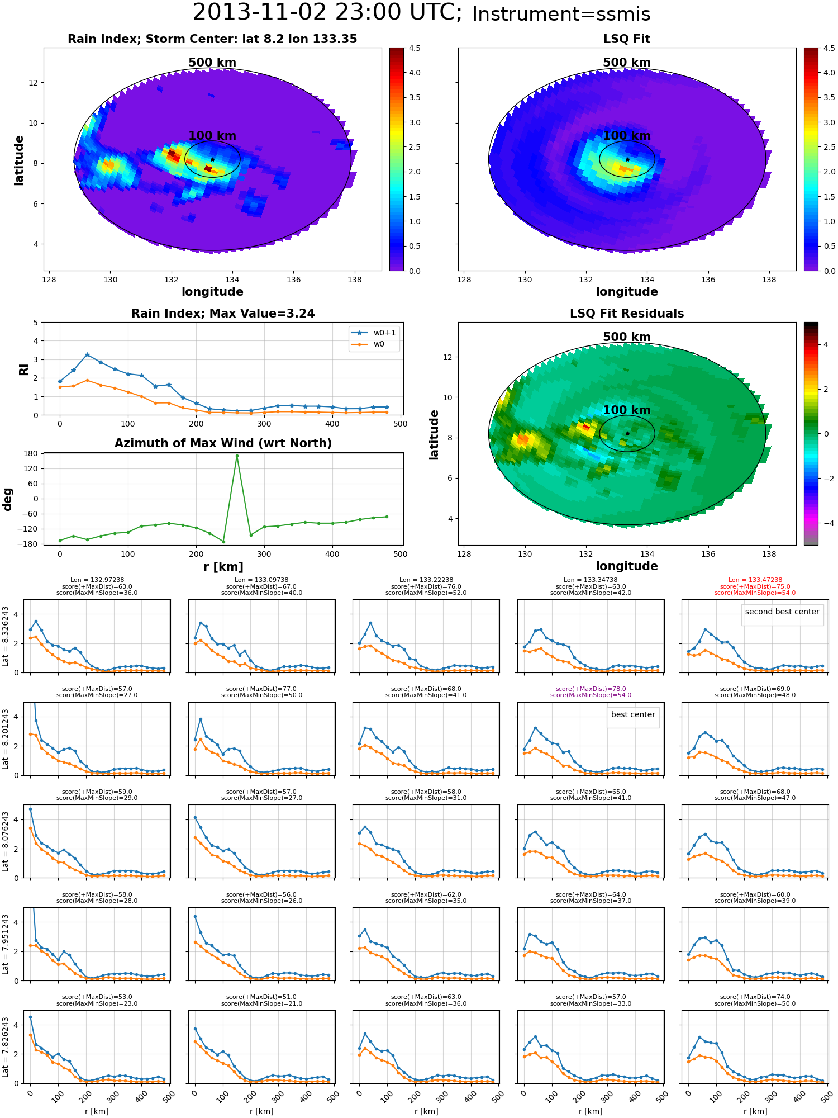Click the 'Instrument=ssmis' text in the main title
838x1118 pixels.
[561, 14]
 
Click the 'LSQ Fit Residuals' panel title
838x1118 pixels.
[627, 314]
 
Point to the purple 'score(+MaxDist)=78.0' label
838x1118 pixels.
[591, 689]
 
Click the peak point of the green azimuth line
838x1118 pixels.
[237, 456]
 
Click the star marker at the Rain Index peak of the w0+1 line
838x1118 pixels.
[87, 354]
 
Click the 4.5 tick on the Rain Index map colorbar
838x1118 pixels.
[414, 48]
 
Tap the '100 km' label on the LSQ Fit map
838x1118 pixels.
[627, 136]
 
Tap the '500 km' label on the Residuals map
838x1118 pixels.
[627, 337]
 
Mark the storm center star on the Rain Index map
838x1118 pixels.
[212, 159]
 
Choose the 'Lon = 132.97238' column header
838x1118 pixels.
[97, 580]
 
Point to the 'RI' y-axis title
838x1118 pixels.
[24, 369]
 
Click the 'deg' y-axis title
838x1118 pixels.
[8, 499]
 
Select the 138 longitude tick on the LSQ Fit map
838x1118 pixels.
[769, 279]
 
